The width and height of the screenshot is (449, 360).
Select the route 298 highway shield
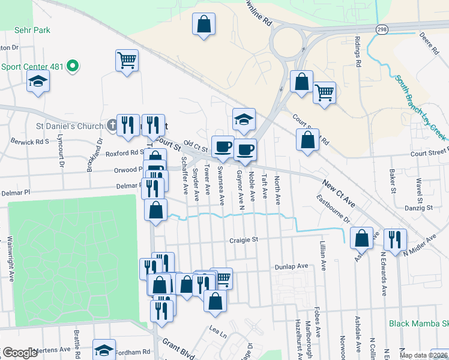point(382,29)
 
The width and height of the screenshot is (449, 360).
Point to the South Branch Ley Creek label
point(420,108)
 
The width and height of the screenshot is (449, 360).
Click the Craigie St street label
point(243,240)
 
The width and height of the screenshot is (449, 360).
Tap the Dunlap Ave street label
point(291,266)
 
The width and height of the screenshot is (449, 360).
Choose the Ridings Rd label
point(358,52)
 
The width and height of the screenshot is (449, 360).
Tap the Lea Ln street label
point(217,330)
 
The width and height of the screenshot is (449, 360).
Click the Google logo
point(20,353)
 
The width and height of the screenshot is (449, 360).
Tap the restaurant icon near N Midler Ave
point(394,238)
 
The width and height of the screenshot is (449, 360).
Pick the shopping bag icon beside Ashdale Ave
point(362,238)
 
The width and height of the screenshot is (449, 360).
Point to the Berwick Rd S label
point(29,142)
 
